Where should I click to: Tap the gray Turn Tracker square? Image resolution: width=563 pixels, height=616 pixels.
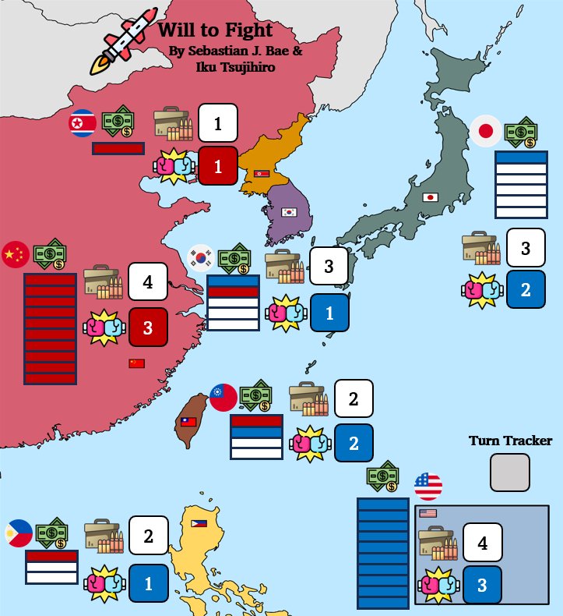[x=509, y=473]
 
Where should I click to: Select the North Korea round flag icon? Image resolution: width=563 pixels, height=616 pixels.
[x=82, y=122]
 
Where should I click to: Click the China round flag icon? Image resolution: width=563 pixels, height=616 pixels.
[x=15, y=254]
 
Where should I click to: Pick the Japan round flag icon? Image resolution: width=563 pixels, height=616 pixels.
[x=486, y=131]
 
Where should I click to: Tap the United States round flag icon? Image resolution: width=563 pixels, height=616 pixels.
[x=428, y=487]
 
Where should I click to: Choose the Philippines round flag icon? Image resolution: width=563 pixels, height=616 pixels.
[x=19, y=533]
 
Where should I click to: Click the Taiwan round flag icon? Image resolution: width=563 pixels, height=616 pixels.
[x=223, y=398]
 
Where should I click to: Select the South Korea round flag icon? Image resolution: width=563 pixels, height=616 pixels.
[x=201, y=257]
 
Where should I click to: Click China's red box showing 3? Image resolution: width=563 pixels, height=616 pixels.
[x=148, y=327]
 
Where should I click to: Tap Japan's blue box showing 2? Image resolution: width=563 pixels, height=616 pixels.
[x=526, y=289]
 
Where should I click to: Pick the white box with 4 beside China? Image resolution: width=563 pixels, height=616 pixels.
[x=148, y=282]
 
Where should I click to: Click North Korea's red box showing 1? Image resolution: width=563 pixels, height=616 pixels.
[x=218, y=165]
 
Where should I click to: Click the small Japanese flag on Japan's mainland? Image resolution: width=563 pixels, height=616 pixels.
[x=431, y=197]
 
